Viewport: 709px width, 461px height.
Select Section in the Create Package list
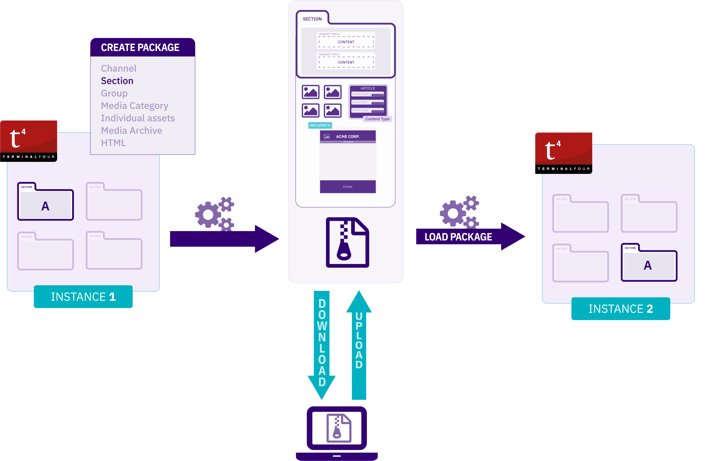click(x=117, y=81)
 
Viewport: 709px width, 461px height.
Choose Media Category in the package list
click(x=134, y=106)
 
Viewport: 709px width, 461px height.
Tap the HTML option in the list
click(x=113, y=143)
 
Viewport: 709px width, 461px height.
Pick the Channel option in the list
click(x=119, y=68)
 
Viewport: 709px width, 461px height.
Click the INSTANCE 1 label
click(x=83, y=297)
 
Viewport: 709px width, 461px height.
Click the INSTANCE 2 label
click(x=620, y=309)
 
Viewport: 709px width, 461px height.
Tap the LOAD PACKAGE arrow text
click(x=458, y=237)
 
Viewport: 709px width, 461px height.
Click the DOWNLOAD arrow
click(x=322, y=342)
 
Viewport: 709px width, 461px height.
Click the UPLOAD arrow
click(x=359, y=342)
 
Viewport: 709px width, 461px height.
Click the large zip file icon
click(x=347, y=242)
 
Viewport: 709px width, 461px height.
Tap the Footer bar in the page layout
click(x=348, y=187)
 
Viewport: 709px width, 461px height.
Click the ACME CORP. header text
click(x=348, y=137)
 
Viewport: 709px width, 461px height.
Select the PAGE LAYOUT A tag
click(x=320, y=125)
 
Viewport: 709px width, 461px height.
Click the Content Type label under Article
click(x=377, y=119)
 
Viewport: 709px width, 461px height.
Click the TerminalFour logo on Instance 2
click(x=563, y=153)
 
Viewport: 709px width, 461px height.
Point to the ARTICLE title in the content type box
click(x=368, y=88)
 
